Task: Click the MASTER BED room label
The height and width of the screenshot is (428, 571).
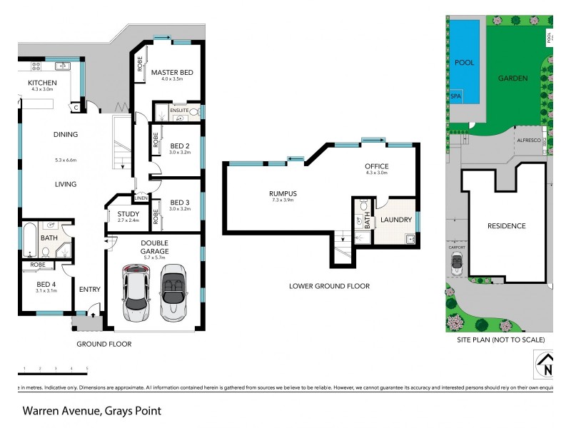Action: click(172, 72)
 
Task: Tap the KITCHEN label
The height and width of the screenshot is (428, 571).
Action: click(42, 83)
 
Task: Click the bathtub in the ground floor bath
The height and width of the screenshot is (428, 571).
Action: click(30, 240)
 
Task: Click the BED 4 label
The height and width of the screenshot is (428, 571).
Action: click(46, 283)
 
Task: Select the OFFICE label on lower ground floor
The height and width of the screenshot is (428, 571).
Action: click(376, 166)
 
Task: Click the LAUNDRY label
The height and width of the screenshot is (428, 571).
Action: click(396, 220)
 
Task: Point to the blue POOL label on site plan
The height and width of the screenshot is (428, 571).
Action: click(465, 63)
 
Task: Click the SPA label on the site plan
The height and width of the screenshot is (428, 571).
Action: click(456, 95)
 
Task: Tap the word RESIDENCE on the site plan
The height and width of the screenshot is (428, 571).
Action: click(506, 226)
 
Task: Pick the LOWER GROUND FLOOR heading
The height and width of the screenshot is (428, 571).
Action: click(329, 286)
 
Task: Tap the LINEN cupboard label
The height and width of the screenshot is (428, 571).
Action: click(141, 198)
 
